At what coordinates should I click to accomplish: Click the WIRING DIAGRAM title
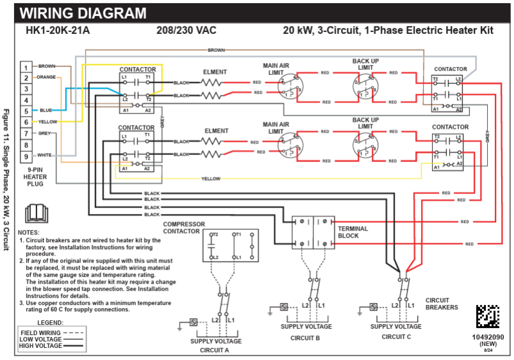83,13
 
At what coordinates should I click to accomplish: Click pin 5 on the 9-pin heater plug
26,111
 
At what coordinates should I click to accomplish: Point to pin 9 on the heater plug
26,156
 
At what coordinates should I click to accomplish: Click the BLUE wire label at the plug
46,110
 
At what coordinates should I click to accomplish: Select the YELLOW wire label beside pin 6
48,122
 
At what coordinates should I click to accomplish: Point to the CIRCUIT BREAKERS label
442,303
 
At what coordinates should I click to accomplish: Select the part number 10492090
488,337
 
